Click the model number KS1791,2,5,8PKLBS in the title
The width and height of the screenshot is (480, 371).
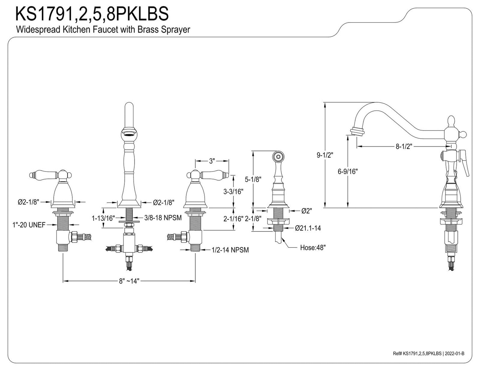[x=92, y=14]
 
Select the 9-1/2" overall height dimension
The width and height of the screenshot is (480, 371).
[x=325, y=155]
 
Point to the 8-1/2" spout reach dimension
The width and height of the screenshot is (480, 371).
[x=404, y=146]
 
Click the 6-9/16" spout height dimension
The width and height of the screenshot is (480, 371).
[x=348, y=171]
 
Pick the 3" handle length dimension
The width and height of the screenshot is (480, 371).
[x=212, y=161]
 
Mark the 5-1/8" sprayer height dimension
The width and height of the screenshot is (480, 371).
[x=253, y=179]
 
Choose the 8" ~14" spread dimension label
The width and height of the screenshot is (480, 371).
[x=129, y=281]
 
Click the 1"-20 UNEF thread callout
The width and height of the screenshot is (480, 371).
[x=29, y=225]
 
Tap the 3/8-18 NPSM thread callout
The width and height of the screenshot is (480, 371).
[x=163, y=218]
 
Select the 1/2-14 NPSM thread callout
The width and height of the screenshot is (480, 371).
[x=230, y=250]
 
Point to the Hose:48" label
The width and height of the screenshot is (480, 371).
[x=313, y=248]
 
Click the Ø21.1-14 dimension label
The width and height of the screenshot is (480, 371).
[x=308, y=228]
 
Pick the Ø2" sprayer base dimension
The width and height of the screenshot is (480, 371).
[x=307, y=211]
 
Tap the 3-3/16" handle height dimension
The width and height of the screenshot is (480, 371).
[x=233, y=192]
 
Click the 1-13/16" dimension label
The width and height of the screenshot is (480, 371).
[x=103, y=218]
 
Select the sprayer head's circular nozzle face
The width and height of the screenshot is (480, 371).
[x=278, y=157]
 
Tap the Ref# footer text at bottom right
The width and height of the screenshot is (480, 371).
[x=428, y=354]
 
